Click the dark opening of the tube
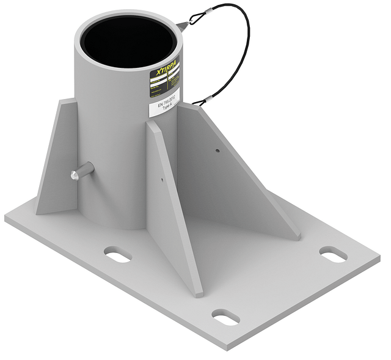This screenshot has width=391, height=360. pyautogui.click(x=129, y=41)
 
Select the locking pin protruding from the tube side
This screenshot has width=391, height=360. pyautogui.click(x=81, y=171)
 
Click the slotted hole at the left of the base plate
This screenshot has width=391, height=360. pyautogui.click(x=117, y=254)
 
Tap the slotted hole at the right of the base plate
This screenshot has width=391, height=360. pyautogui.click(x=333, y=254)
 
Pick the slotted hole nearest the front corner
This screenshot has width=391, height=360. pyautogui.click(x=225, y=317)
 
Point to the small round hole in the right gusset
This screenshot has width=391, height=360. pyautogui.click(x=217, y=149)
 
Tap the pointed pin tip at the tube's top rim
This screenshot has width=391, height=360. pyautogui.click(x=182, y=26)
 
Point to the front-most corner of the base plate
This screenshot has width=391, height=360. pyautogui.click(x=227, y=347)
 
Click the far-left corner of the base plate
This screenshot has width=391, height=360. pyautogui.click(x=6, y=216)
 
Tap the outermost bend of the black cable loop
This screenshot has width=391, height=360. pyautogui.click(x=249, y=37)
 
